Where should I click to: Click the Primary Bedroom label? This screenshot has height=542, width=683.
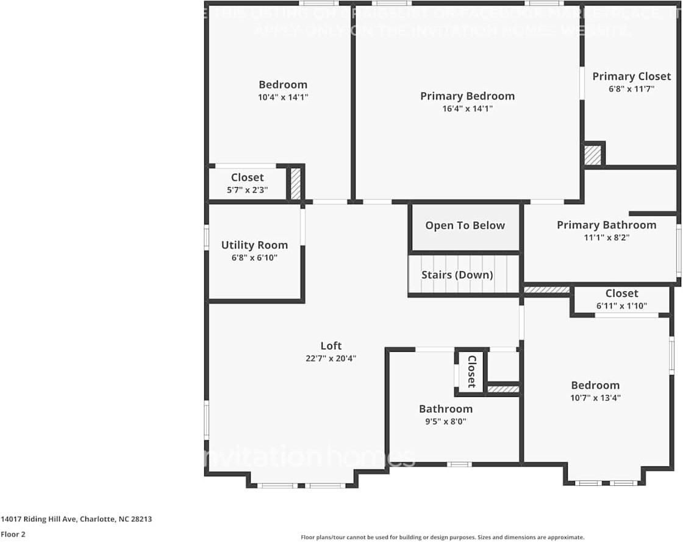(467, 96)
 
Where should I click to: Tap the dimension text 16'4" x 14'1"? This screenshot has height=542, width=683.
(467, 109)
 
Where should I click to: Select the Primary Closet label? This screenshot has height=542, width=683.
(631, 76)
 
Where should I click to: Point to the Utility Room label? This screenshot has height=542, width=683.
(254, 245)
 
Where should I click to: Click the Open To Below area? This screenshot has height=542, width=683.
(465, 226)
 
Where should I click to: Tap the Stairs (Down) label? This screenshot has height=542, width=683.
(457, 275)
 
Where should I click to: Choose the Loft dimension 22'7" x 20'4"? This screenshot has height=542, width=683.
(331, 358)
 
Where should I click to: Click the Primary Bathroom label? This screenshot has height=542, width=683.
(606, 225)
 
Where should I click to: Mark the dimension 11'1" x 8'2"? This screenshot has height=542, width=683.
(606, 238)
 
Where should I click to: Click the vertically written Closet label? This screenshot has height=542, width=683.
(471, 372)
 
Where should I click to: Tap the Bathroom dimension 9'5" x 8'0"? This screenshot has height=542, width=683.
(445, 421)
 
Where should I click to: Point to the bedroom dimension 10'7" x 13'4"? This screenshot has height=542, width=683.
(595, 398)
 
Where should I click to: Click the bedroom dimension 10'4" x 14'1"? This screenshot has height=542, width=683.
(283, 97)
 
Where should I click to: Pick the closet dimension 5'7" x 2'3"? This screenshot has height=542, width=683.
(247, 190)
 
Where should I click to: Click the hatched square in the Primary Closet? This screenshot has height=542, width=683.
(593, 155)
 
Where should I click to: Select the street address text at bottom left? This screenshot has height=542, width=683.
(76, 519)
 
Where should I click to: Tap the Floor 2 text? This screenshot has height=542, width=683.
(13, 534)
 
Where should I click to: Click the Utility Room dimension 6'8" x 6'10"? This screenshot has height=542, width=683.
(254, 258)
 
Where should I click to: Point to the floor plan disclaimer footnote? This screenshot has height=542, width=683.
(442, 537)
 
